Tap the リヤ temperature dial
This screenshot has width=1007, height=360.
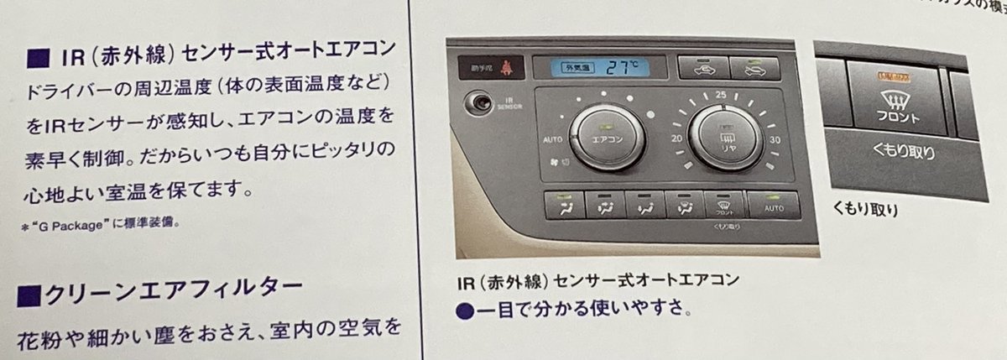tap(728, 137)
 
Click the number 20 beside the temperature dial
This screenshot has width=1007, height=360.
tap(677, 138)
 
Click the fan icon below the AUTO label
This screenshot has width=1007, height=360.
tap(553, 163)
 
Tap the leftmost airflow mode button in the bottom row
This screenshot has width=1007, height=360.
tap(564, 203)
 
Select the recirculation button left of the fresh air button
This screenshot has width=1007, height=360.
tap(702, 66)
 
